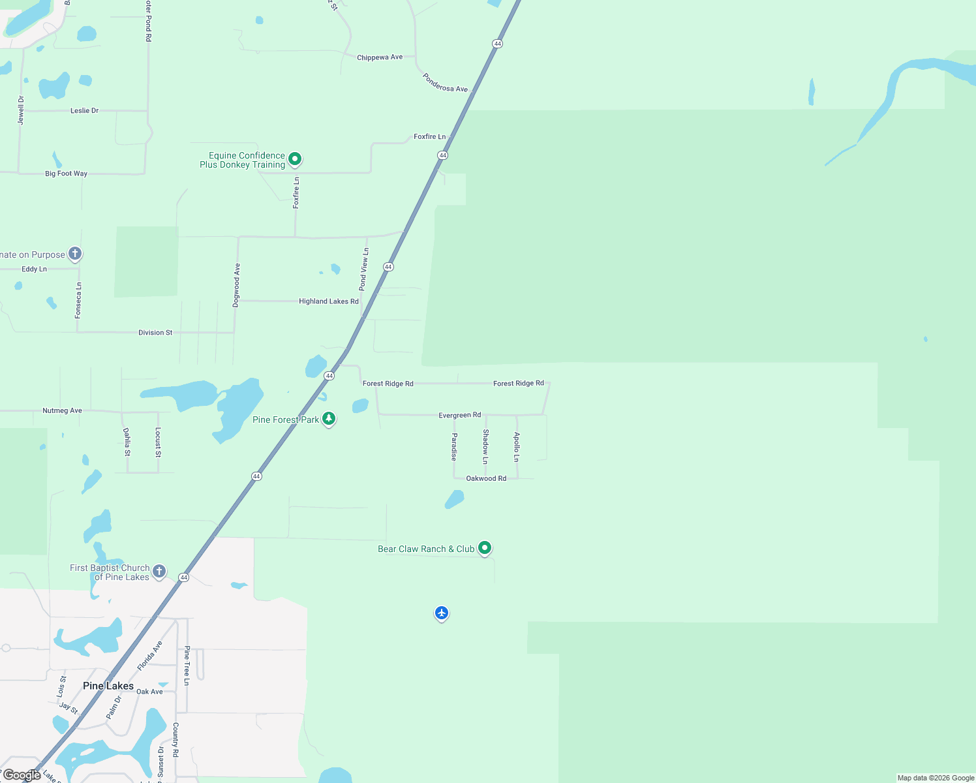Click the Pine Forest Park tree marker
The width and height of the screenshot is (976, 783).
point(329,418)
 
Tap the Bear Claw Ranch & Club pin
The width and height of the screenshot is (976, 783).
point(484,547)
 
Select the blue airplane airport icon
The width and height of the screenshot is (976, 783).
point(442,613)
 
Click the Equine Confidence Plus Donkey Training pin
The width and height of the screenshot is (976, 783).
point(295,159)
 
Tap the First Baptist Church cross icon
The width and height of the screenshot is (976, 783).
point(159,572)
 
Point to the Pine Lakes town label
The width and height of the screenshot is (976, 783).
point(108,686)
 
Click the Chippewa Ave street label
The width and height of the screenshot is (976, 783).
point(380,57)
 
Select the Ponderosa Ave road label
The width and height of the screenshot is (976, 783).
point(445,83)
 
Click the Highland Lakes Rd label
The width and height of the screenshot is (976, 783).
point(329,301)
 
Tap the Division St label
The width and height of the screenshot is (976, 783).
point(155,333)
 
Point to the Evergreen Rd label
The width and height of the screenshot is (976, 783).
point(460,415)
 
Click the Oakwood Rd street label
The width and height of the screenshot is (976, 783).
point(486,478)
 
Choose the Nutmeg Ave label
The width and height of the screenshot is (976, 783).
point(62,410)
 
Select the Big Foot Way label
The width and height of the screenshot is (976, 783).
point(66,174)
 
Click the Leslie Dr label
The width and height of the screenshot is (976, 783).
point(84,111)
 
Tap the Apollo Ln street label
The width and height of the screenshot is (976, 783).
point(517,447)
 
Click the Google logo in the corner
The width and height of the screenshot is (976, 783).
point(22,775)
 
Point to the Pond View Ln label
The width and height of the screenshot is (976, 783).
point(364,269)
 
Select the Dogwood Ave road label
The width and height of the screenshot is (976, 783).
point(237,284)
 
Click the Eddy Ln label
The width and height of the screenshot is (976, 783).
point(34,269)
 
